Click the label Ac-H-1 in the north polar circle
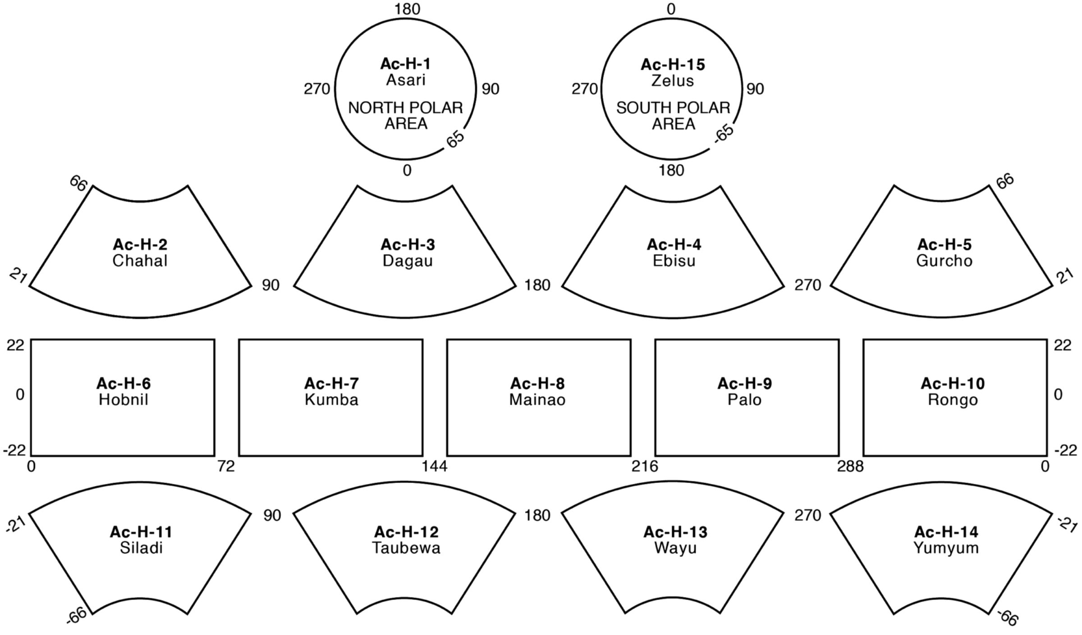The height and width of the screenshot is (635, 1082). tap(405, 64)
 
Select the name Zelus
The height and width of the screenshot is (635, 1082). tap(672, 81)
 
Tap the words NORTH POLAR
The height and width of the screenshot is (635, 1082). tap(405, 108)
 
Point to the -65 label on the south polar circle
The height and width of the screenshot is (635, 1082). tap(724, 134)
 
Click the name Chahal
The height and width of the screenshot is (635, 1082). tap(140, 261)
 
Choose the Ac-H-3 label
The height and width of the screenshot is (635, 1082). tap(408, 244)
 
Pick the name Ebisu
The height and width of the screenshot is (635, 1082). tap(674, 261)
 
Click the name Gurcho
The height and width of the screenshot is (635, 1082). tap(944, 261)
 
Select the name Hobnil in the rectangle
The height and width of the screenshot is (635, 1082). tap(124, 400)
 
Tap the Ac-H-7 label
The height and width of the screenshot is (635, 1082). tap(331, 383)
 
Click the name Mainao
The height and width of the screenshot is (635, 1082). tap(537, 400)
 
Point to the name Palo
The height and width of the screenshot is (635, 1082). tap(744, 400)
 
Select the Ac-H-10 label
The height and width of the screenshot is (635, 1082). tap(953, 383)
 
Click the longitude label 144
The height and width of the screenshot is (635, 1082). tap(435, 466)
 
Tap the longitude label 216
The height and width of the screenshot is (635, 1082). tap(645, 466)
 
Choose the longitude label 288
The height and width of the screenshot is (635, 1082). tap(850, 466)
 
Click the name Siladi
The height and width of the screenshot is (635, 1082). tap(141, 548)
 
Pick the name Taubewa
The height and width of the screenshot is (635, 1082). tap(406, 548)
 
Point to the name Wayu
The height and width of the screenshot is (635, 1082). tap(675, 548)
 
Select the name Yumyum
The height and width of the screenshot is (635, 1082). tap(946, 548)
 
